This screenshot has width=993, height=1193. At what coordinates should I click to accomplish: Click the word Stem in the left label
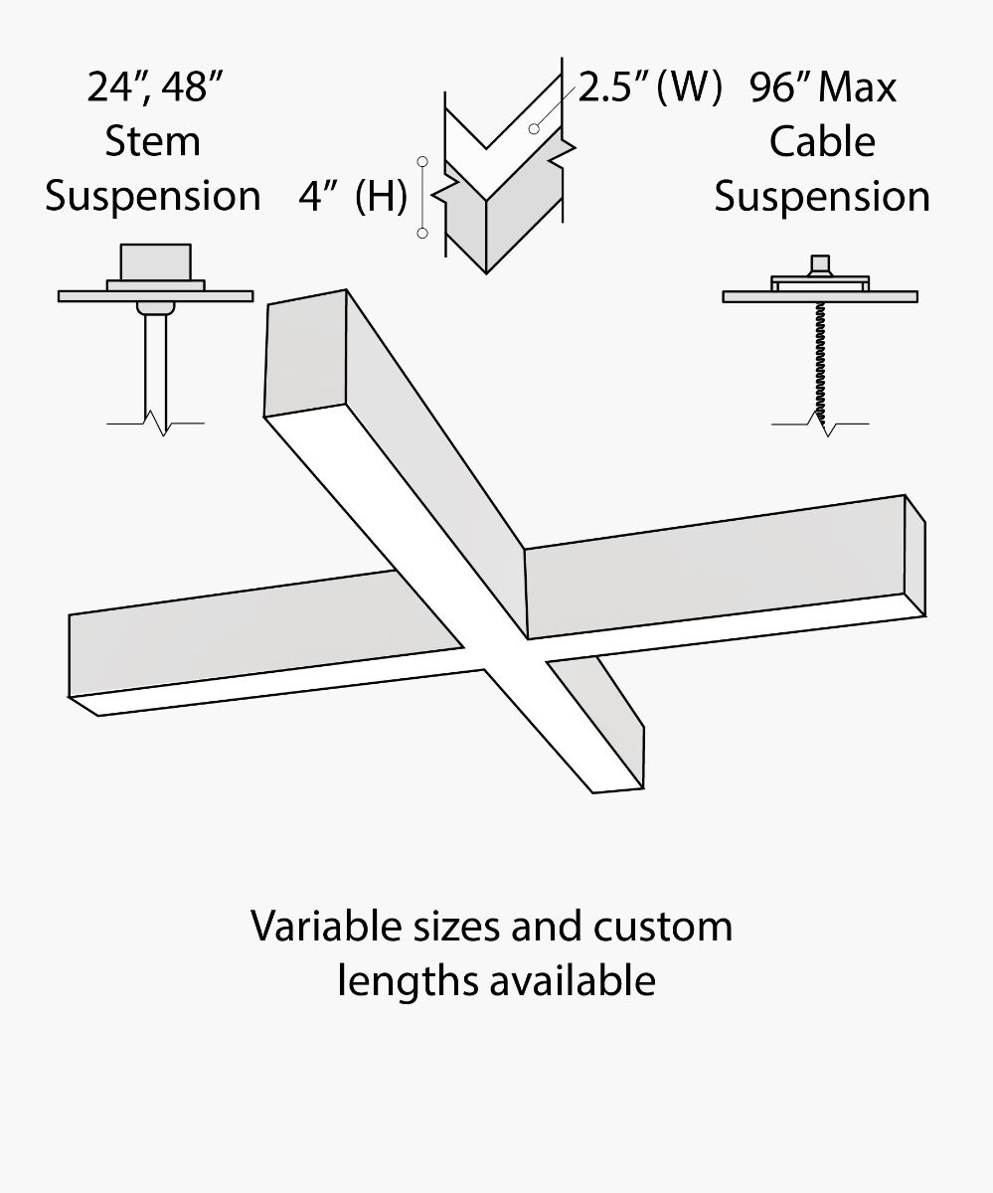[x=152, y=141]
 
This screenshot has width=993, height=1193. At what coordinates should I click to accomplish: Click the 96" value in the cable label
[x=781, y=87]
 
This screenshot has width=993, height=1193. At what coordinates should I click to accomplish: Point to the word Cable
[x=822, y=141]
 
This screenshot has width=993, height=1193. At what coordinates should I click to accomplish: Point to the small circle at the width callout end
[x=534, y=128]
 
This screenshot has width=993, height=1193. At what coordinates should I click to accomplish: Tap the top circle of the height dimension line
[x=422, y=161]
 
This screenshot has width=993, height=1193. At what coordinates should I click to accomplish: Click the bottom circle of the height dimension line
[x=422, y=233]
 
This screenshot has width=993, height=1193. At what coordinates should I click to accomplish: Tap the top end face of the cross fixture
[x=304, y=353]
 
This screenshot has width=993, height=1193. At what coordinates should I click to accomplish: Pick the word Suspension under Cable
[x=822, y=196]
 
